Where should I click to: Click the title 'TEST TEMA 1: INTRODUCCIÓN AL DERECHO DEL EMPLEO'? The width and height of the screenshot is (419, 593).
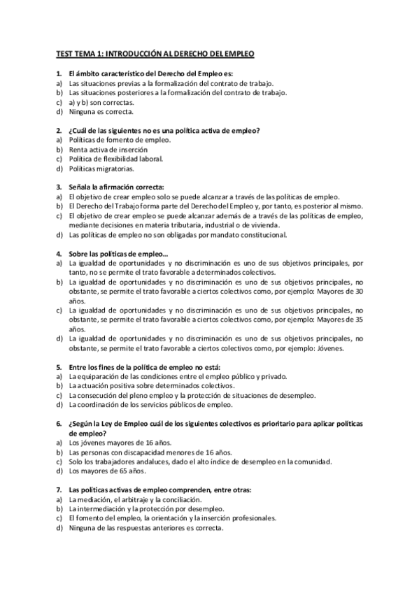(155, 54)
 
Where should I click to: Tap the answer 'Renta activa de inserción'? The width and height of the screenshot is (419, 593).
(108, 149)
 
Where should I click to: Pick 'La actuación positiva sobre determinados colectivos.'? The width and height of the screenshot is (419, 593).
(151, 385)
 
